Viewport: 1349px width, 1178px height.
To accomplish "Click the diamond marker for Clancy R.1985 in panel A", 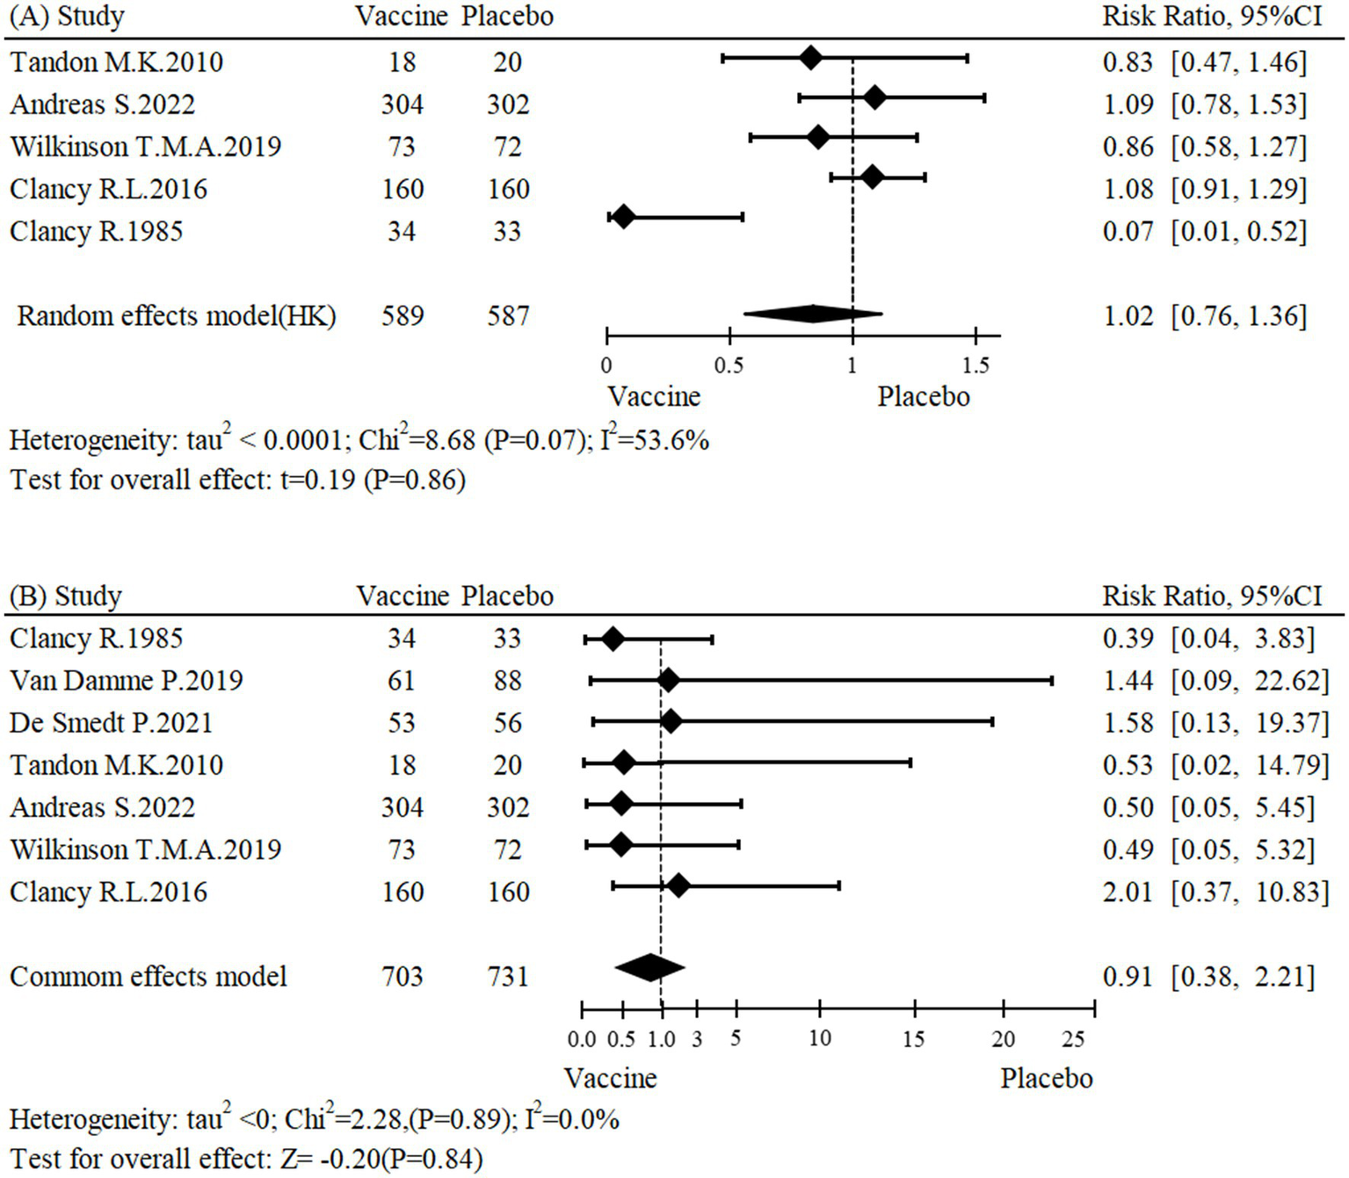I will [622, 216].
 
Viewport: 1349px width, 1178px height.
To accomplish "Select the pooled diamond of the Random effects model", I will [813, 314].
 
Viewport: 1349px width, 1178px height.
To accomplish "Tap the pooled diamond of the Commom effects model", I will [649, 967].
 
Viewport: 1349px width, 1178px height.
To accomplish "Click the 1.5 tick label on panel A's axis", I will [975, 365].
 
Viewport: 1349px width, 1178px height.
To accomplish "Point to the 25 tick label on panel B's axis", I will [1073, 1039].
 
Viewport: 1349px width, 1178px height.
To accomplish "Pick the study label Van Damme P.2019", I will [126, 681].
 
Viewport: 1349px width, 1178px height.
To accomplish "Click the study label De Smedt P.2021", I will [111, 723].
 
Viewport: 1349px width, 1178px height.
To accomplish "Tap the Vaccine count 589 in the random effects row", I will [403, 316].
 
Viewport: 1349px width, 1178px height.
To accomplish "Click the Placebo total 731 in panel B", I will [508, 977].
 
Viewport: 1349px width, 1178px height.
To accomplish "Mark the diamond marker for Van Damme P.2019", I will [668, 680].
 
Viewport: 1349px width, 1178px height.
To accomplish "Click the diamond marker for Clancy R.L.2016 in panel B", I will [678, 885].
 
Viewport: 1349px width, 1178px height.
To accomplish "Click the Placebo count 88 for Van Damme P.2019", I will [508, 681].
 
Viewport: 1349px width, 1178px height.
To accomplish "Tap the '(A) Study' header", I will [67, 17].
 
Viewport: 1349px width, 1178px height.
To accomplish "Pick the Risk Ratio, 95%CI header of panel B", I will [1212, 596].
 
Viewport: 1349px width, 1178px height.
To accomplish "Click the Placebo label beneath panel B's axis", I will [1046, 1079].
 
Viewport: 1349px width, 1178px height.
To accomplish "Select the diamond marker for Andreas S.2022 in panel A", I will [874, 98].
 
